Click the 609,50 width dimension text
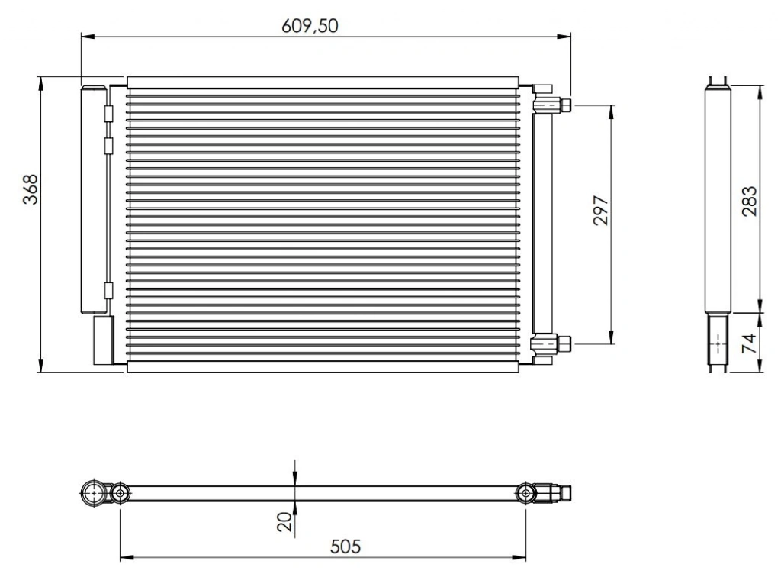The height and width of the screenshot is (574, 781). pyautogui.click(x=310, y=25)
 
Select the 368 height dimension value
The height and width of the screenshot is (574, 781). pyautogui.click(x=31, y=189)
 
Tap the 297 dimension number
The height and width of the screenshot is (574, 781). pyautogui.click(x=601, y=210)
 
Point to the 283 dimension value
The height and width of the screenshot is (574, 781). pyautogui.click(x=749, y=201)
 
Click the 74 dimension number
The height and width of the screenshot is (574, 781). pyautogui.click(x=749, y=343)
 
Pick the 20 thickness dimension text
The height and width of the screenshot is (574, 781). pyautogui.click(x=285, y=522)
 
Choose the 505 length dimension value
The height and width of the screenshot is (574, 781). pyautogui.click(x=346, y=547)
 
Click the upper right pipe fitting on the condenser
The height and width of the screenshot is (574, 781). pyautogui.click(x=552, y=105)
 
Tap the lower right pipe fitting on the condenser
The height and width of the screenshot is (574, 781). pyautogui.click(x=552, y=343)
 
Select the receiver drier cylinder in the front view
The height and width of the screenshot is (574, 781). pyautogui.click(x=93, y=200)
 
